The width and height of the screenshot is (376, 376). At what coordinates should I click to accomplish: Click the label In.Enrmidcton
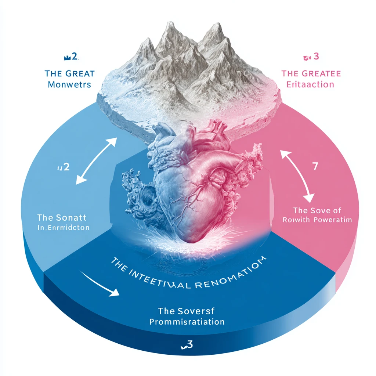pos(63,228)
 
